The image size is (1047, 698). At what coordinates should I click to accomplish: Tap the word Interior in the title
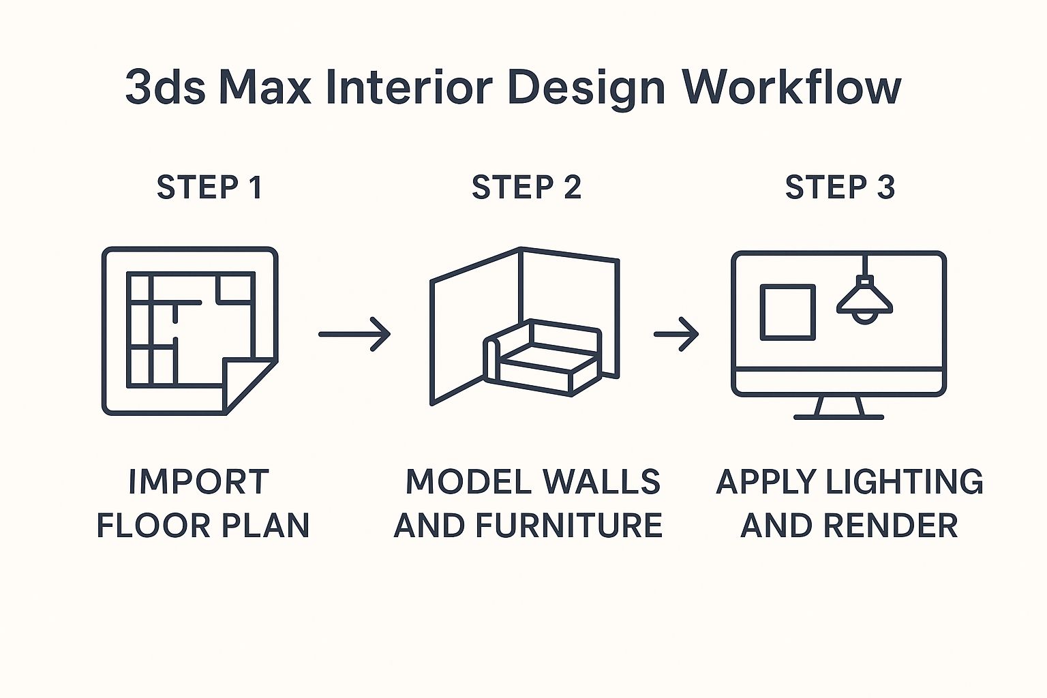pyautogui.click(x=408, y=87)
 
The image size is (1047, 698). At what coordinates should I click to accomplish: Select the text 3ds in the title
pyautogui.click(x=165, y=87)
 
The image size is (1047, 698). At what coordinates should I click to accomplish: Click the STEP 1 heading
pyautogui.click(x=209, y=187)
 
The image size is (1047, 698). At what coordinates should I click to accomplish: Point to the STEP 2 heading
pyautogui.click(x=526, y=187)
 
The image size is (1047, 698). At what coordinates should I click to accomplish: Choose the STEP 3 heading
pyautogui.click(x=840, y=187)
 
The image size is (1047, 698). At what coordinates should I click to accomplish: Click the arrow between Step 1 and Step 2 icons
pyautogui.click(x=354, y=334)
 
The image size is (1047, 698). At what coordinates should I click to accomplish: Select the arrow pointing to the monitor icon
pyautogui.click(x=676, y=334)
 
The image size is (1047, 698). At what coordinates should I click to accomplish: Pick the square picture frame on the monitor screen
pyautogui.click(x=787, y=312)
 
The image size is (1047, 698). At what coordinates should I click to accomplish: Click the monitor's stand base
pyautogui.click(x=839, y=415)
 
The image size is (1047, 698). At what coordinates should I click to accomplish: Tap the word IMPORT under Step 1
pyautogui.click(x=198, y=482)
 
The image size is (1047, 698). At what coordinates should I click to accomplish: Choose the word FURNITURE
pyautogui.click(x=569, y=526)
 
